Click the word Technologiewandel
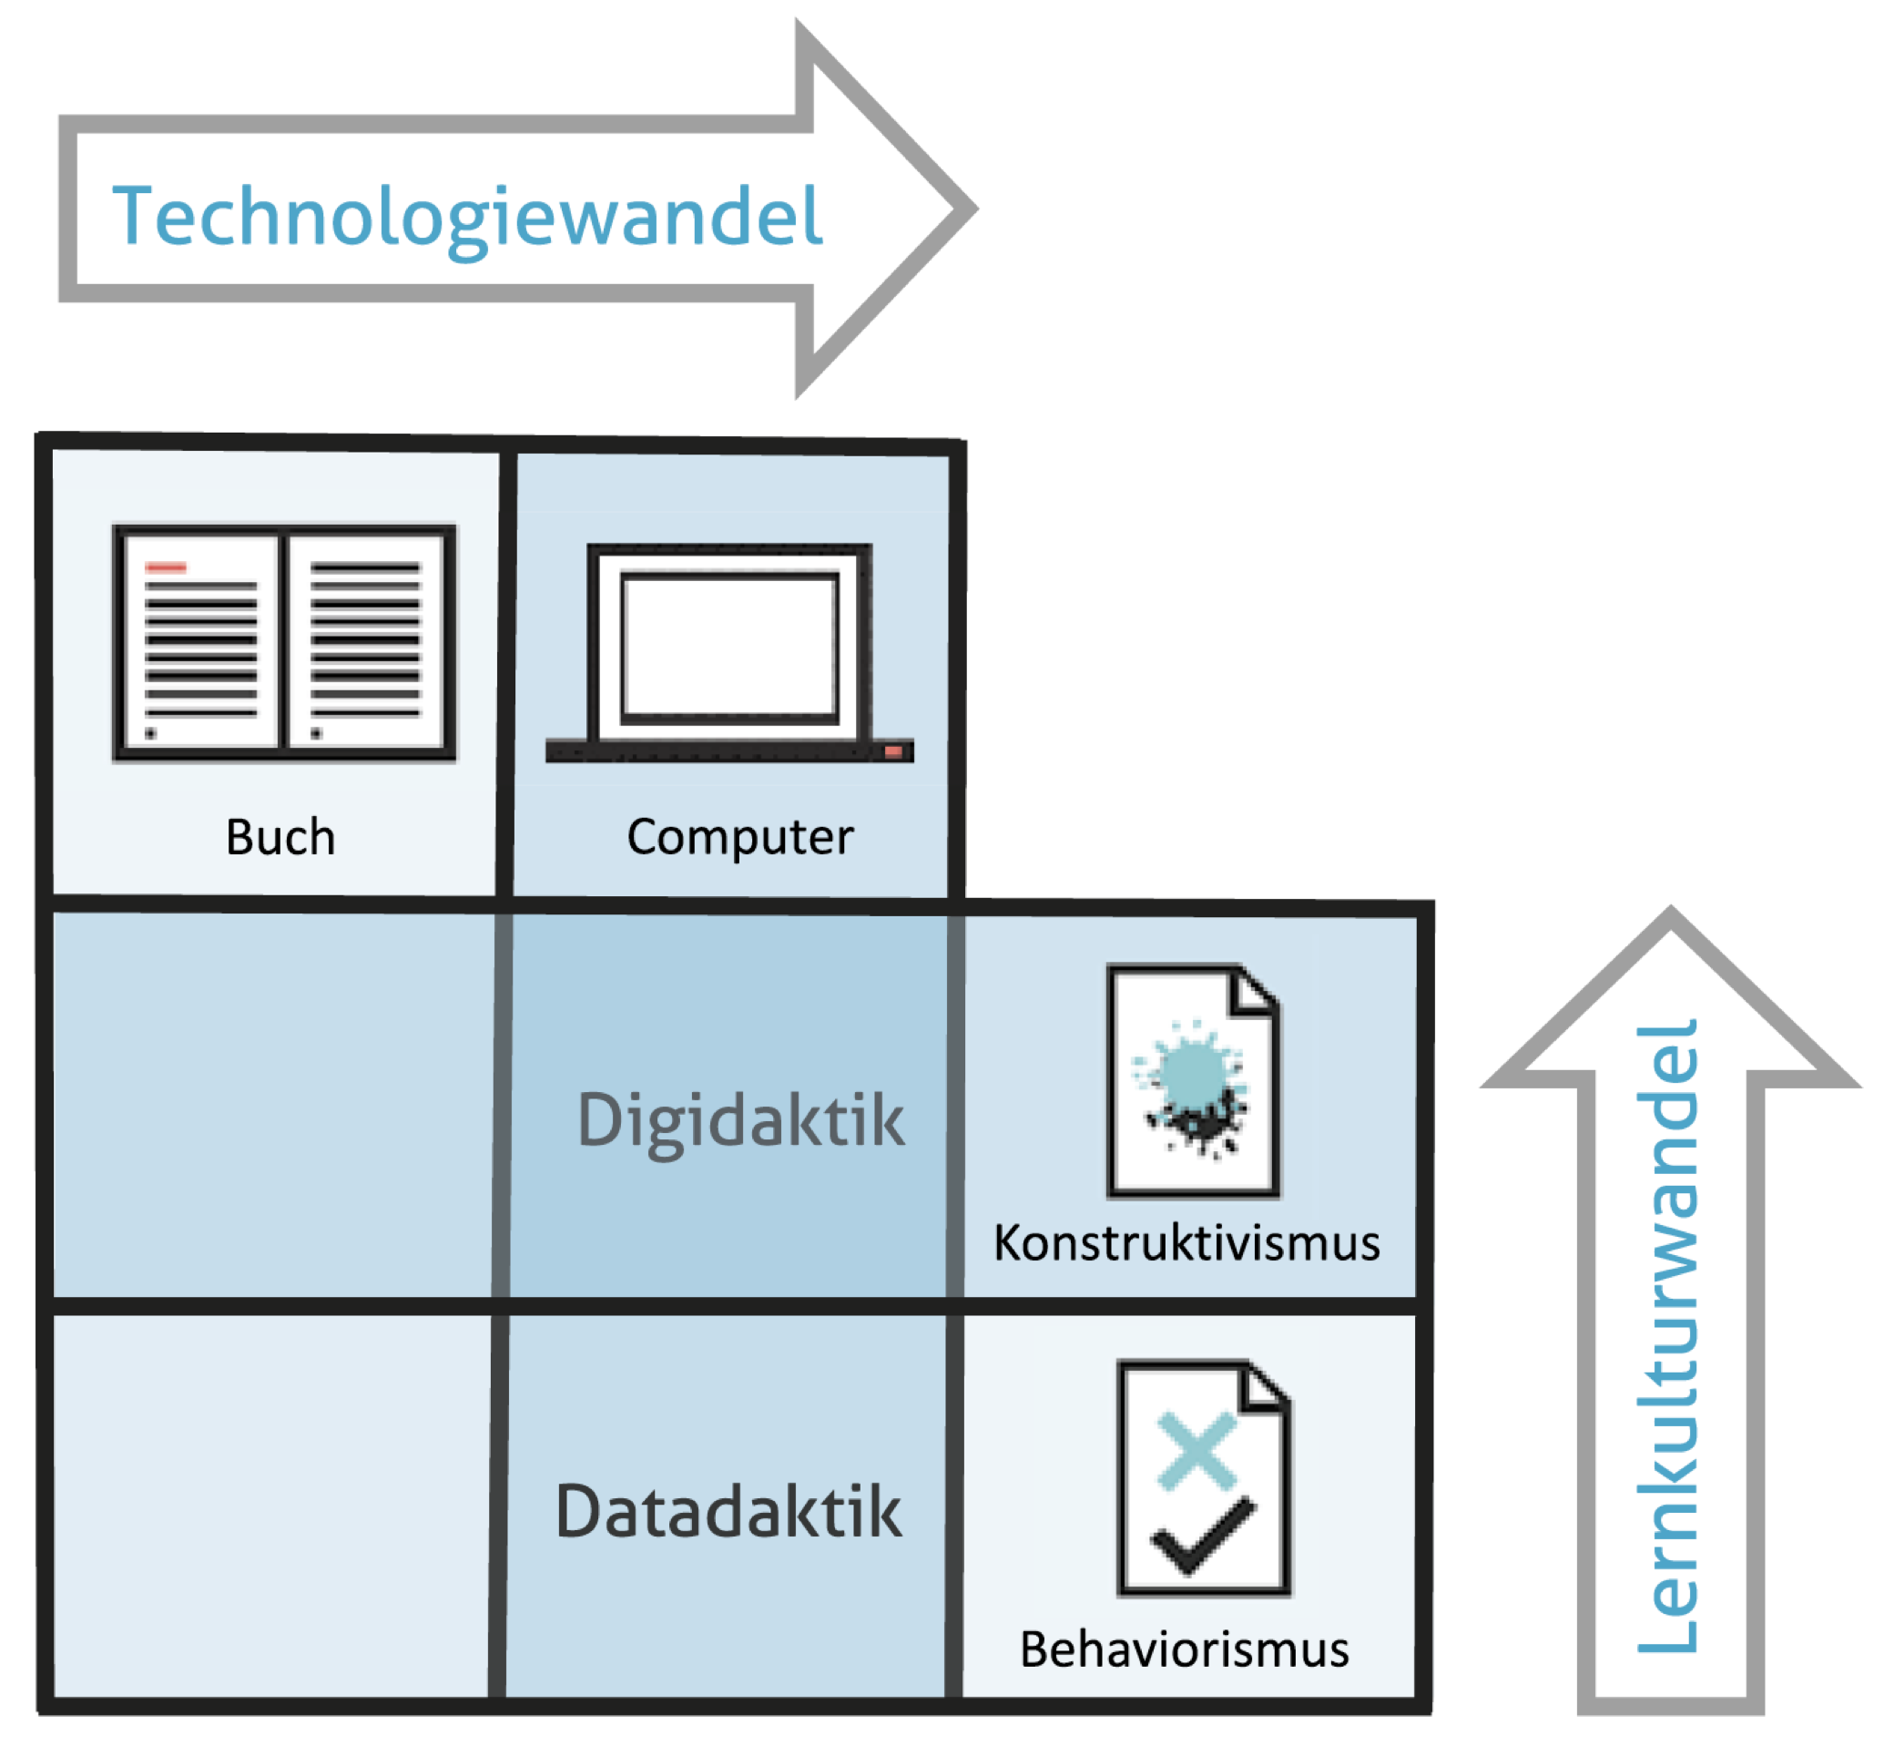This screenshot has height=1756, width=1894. (467, 217)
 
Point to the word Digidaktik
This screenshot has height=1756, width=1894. (740, 1121)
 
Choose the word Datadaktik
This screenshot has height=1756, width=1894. (728, 1512)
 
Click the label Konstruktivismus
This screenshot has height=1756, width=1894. (1186, 1244)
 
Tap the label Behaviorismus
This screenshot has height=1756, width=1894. (1185, 1650)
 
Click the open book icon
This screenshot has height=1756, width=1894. (284, 643)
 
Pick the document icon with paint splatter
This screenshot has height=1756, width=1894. (1193, 1081)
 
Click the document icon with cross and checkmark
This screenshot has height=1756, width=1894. (1204, 1478)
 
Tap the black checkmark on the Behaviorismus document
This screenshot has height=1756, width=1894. (1202, 1537)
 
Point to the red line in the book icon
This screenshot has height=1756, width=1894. (166, 567)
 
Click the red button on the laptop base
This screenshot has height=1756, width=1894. (893, 751)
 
